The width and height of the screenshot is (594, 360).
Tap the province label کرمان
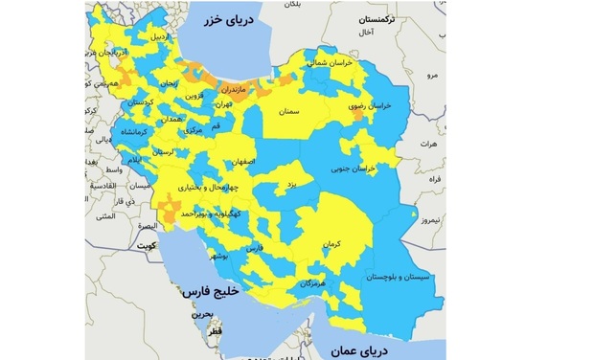click(331, 246)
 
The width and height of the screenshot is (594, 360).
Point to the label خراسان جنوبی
click(377, 169)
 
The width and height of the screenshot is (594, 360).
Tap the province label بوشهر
click(218, 257)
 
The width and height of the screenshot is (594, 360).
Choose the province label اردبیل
click(166, 37)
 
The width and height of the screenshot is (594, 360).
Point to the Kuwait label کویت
click(146, 246)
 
